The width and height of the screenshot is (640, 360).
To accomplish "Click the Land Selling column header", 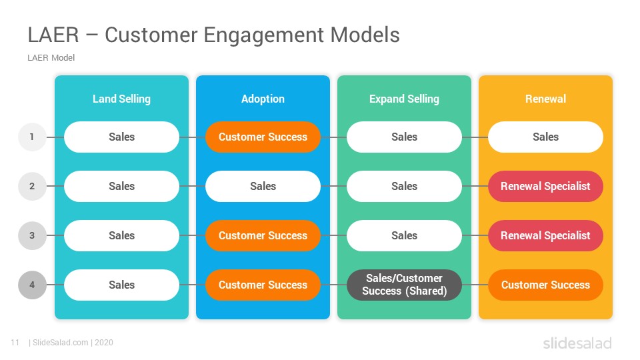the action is pos(121,99).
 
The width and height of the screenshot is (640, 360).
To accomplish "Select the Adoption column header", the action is pos(263,99).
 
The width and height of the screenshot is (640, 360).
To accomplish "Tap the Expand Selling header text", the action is pos(404,99).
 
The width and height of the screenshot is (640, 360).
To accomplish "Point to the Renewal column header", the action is pos(545,99).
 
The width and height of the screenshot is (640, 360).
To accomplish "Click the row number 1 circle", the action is pos(32,137).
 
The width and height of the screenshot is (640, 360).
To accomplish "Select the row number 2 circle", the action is pos(32,186).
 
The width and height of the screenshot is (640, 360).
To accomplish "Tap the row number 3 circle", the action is pos(32,235).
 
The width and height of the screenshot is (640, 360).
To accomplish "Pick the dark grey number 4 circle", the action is pos(32,285).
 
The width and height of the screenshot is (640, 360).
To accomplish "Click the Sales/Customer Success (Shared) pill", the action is pos(404,285).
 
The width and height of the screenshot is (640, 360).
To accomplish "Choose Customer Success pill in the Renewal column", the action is pos(545,285).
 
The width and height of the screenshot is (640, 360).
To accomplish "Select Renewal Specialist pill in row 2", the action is pos(545,186).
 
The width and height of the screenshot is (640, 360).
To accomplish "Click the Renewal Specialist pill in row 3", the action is pos(545,235).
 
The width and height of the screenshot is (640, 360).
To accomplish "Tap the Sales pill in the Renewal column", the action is pos(545,137).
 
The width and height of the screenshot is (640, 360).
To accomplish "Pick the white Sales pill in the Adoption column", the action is pos(263,186).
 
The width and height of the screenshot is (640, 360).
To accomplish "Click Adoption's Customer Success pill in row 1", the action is pos(263,137).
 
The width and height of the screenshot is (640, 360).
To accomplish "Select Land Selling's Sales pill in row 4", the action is pos(121,285).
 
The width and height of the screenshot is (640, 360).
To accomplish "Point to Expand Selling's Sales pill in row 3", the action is pos(404,235).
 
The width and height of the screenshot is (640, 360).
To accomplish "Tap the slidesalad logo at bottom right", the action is pos(577,343).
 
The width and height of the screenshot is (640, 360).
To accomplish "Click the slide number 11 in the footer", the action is pos(15,343).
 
